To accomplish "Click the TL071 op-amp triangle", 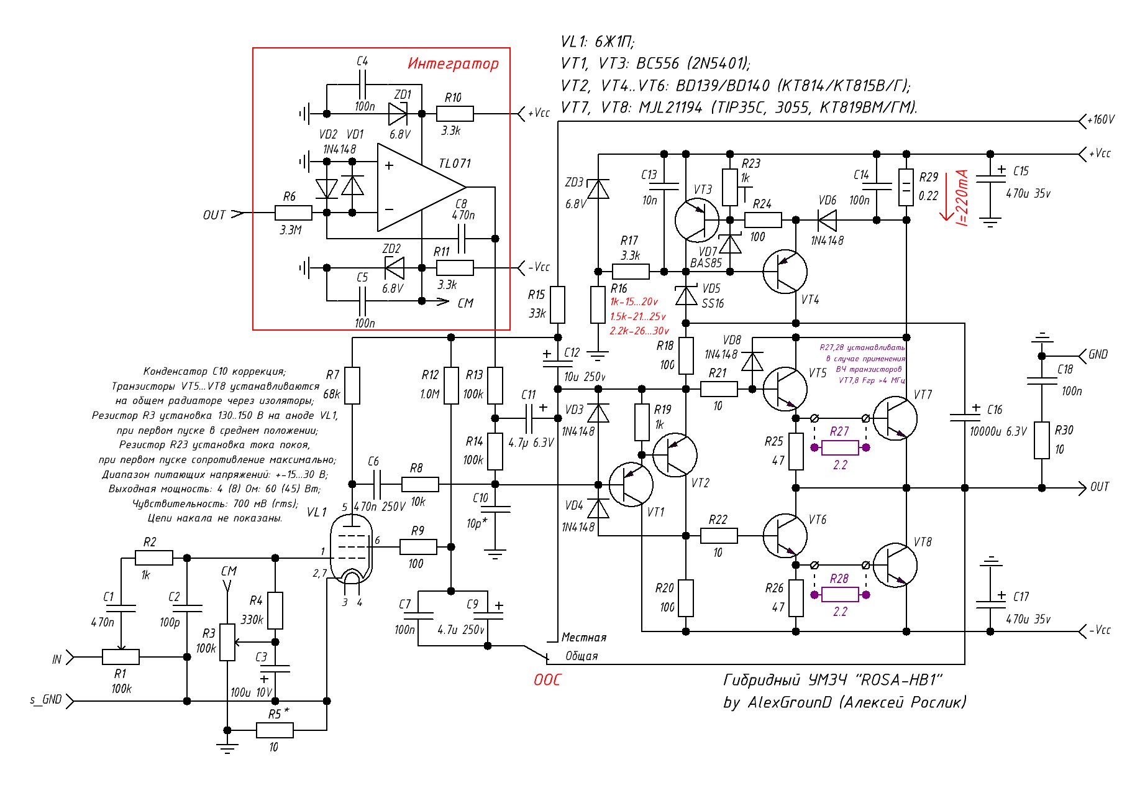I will click(x=416, y=187).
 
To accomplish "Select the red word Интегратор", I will click(x=453, y=63).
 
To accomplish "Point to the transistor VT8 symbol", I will click(x=895, y=565).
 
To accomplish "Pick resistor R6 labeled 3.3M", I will click(x=293, y=213).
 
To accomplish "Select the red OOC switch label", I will click(x=547, y=680).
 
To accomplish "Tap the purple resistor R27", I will click(x=840, y=447).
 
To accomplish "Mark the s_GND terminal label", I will click(x=46, y=700).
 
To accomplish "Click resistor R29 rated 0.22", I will click(x=906, y=187).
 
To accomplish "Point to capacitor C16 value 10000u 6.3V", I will click(x=964, y=417).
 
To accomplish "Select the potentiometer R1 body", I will click(x=121, y=656).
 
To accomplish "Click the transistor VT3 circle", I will click(x=696, y=220).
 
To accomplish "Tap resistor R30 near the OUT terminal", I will click(x=1042, y=440).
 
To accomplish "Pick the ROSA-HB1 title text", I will click(x=833, y=680).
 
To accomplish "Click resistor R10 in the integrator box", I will click(x=455, y=114).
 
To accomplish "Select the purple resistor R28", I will click(x=840, y=594).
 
